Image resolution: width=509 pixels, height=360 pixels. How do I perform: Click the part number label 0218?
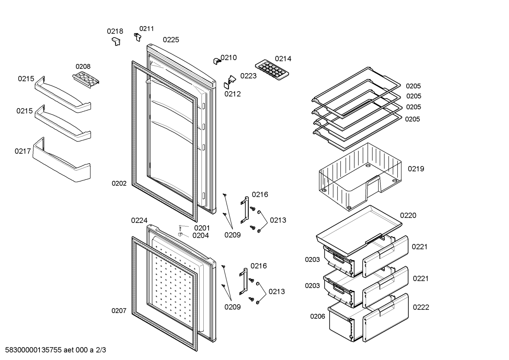tap(115, 31)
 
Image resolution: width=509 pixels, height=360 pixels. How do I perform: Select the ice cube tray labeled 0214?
tap(272, 69)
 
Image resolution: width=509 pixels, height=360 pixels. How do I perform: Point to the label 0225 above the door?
tap(171, 40)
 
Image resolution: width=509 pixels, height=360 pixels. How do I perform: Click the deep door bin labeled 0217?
tap(61, 161)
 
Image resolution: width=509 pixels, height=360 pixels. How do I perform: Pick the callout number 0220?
tap(408, 215)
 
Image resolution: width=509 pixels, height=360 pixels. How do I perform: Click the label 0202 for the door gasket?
tap(119, 183)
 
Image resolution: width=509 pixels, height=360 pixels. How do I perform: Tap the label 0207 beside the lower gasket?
tap(119, 311)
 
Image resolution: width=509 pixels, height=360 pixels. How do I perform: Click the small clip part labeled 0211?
tap(138, 37)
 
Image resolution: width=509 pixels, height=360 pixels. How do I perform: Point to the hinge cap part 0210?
tap(216, 61)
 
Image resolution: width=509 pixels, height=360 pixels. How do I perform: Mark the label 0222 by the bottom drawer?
tap(421, 307)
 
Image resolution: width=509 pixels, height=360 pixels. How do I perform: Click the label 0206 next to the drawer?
tap(318, 316)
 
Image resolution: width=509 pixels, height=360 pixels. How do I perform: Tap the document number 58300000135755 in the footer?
tap(34, 350)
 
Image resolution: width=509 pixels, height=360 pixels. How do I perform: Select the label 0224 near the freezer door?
tap(139, 220)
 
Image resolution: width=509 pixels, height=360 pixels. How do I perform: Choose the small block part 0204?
tap(180, 234)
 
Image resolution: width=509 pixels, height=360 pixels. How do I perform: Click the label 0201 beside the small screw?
tap(202, 228)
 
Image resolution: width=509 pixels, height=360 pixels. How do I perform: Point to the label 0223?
tap(248, 76)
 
